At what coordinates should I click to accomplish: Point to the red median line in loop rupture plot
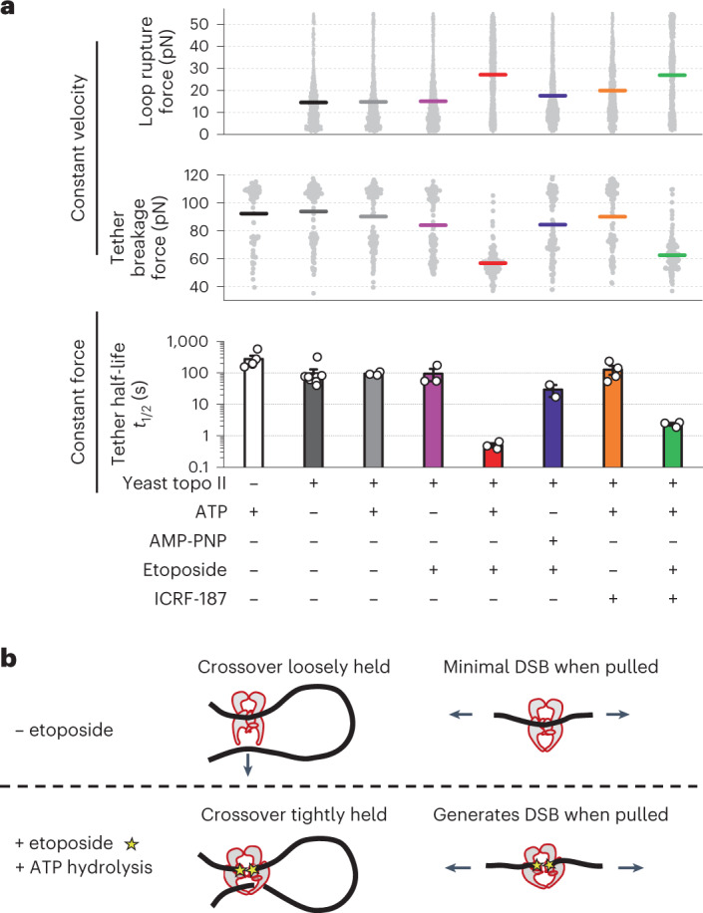[x=492, y=75]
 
